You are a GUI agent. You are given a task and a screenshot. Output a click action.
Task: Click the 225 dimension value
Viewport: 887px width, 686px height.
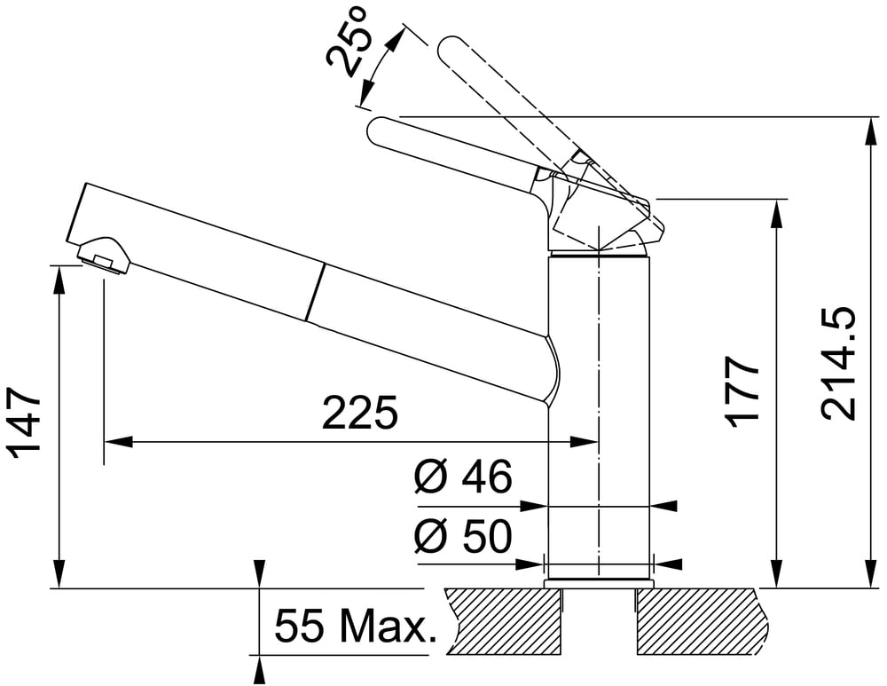pyautogui.click(x=360, y=413)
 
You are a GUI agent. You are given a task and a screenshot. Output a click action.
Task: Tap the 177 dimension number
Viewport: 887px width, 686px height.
pyautogui.click(x=742, y=391)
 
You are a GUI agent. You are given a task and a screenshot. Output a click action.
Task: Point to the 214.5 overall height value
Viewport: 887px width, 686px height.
pyautogui.click(x=838, y=364)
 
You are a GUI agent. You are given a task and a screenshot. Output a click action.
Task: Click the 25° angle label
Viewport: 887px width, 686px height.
pyautogui.click(x=349, y=42)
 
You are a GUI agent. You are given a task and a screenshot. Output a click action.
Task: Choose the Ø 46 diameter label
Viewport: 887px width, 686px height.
pyautogui.click(x=463, y=476)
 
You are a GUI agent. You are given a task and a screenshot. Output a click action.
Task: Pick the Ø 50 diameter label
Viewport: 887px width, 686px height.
pyautogui.click(x=463, y=535)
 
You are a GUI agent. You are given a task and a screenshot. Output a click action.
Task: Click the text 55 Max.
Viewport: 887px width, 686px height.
pyautogui.click(x=356, y=627)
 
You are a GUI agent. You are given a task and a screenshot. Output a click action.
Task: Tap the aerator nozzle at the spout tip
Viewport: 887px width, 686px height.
pyautogui.click(x=103, y=256)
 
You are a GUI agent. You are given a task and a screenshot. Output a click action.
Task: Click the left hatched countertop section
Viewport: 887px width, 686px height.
pyautogui.click(x=506, y=621)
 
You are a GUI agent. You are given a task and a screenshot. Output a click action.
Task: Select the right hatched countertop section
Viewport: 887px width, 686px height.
pyautogui.click(x=703, y=621)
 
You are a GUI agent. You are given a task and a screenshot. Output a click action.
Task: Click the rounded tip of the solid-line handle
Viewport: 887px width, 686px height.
pyautogui.click(x=374, y=130)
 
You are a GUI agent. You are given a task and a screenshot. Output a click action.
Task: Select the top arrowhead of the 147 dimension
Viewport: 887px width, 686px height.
pyautogui.click(x=59, y=280)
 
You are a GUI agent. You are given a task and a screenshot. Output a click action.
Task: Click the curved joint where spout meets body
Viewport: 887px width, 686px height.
pyautogui.click(x=553, y=368)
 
